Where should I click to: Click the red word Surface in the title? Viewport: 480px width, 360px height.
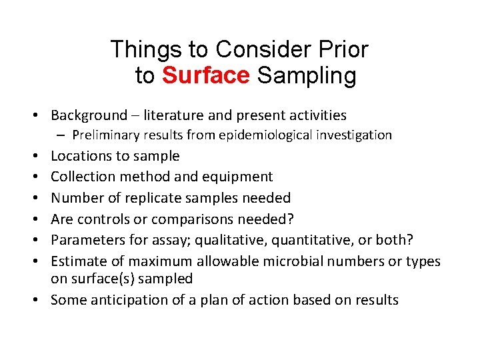[x=205, y=76]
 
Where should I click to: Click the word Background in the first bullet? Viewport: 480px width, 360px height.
[x=89, y=115]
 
